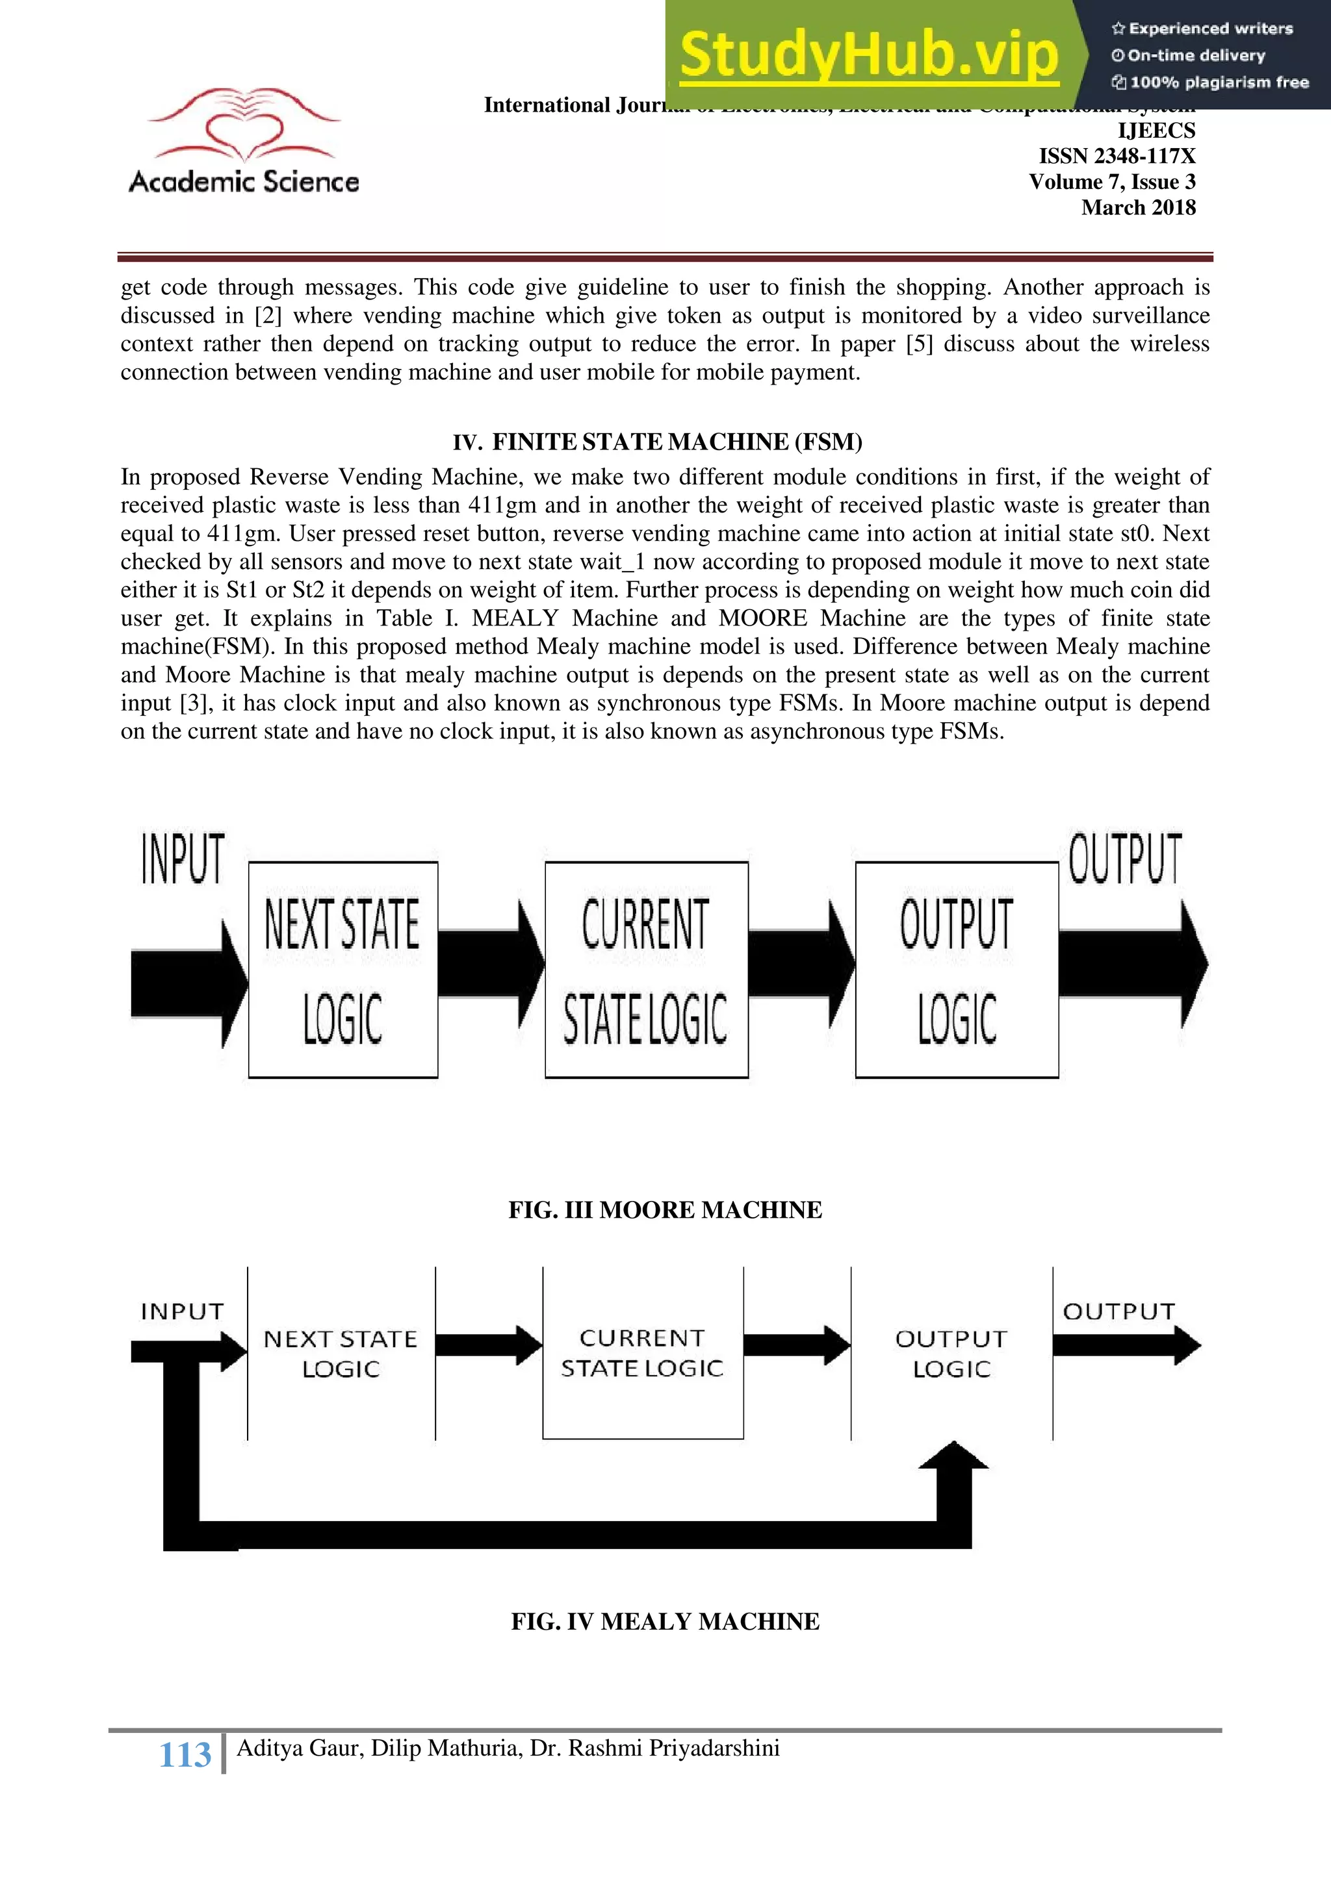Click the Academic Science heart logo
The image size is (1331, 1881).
point(244,125)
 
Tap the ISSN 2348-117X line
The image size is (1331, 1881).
point(1117,156)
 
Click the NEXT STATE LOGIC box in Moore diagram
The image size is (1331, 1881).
point(342,969)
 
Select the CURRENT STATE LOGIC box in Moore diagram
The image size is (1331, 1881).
point(646,969)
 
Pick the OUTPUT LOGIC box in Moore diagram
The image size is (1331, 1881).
point(957,969)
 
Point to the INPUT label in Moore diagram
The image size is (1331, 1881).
point(183,859)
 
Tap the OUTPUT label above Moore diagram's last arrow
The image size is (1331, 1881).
point(1124,859)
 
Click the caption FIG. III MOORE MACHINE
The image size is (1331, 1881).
point(665,1210)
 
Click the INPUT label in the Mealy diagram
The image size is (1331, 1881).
point(182,1311)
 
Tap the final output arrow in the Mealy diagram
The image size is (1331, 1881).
point(1126,1345)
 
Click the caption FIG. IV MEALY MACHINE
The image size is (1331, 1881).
point(665,1621)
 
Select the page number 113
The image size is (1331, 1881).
point(185,1755)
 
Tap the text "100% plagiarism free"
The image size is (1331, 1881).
point(1219,82)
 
